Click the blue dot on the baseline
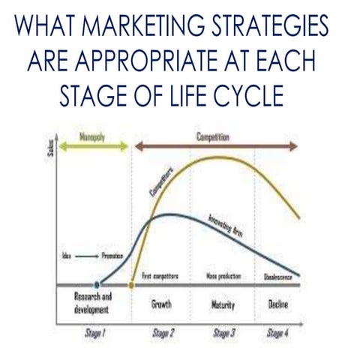click(x=97, y=285)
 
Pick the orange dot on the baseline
click(x=133, y=285)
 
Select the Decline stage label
click(x=279, y=305)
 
